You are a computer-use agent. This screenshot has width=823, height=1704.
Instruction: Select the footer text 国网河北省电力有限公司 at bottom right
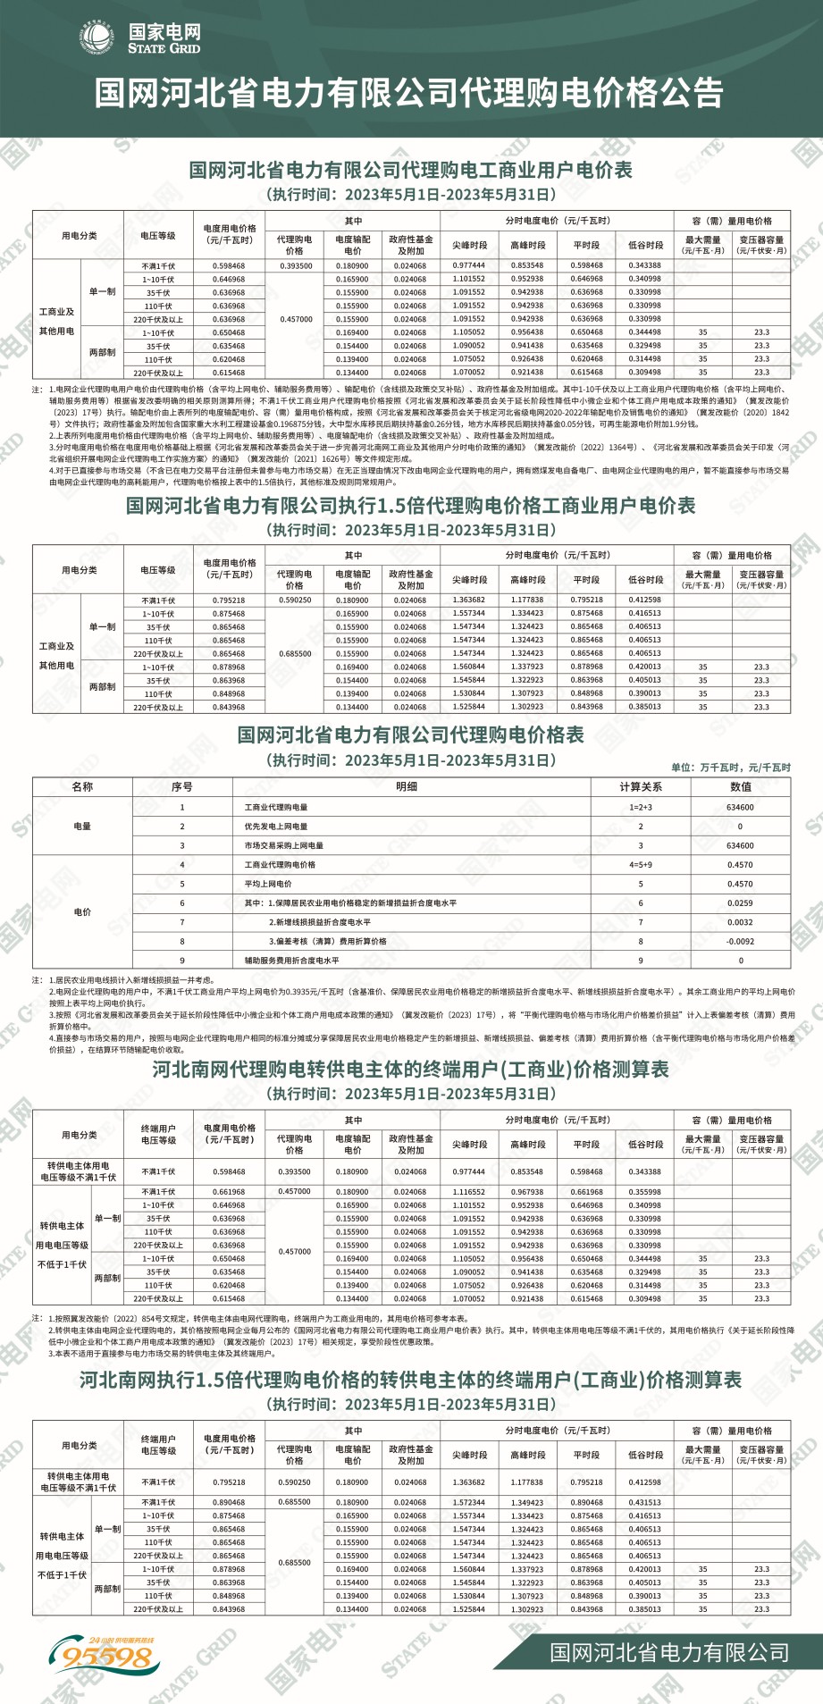669,1652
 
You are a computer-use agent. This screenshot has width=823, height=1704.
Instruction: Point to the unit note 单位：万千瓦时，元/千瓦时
731,767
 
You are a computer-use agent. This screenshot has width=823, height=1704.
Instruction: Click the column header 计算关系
641,787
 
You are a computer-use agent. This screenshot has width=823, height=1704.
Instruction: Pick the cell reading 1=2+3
641,807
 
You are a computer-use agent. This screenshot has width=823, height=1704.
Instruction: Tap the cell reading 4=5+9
641,865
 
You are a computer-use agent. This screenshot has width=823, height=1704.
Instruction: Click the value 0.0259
740,903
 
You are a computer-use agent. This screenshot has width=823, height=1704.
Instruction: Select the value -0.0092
740,942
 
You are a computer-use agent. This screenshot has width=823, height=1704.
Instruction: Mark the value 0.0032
740,922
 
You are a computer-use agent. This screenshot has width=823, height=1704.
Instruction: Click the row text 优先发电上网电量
276,827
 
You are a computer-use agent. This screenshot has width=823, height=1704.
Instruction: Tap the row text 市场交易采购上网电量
284,845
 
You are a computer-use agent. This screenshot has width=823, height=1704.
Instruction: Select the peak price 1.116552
468,1192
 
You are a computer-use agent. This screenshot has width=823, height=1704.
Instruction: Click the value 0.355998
644,1192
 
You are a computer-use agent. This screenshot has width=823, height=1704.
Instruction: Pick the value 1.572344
468,1502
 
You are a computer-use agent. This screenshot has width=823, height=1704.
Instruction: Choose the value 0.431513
644,1502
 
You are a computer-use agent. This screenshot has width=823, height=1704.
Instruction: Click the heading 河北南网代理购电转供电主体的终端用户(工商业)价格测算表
410,1070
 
